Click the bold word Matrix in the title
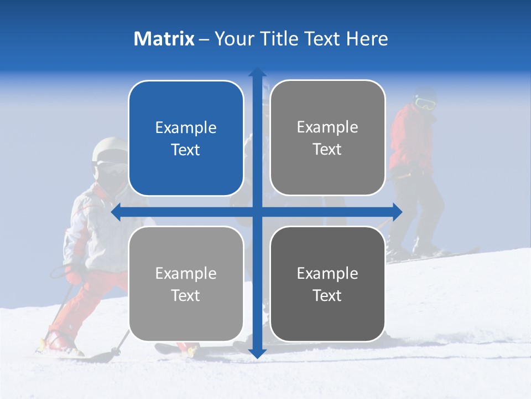pyautogui.click(x=164, y=39)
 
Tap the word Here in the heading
pyautogui.click(x=367, y=39)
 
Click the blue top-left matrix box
pyautogui.click(x=186, y=138)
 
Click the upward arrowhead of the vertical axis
pyautogui.click(x=257, y=72)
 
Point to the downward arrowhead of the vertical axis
pyautogui.click(x=257, y=353)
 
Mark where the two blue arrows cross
pyautogui.click(x=257, y=212)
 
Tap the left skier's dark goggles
pyautogui.click(x=111, y=167)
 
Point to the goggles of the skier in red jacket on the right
pyautogui.click(x=425, y=103)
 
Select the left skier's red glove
pyautogui.click(x=75, y=274)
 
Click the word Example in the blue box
pyautogui.click(x=186, y=128)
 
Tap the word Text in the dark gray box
pyautogui.click(x=327, y=295)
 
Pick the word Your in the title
pyautogui.click(x=233, y=39)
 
